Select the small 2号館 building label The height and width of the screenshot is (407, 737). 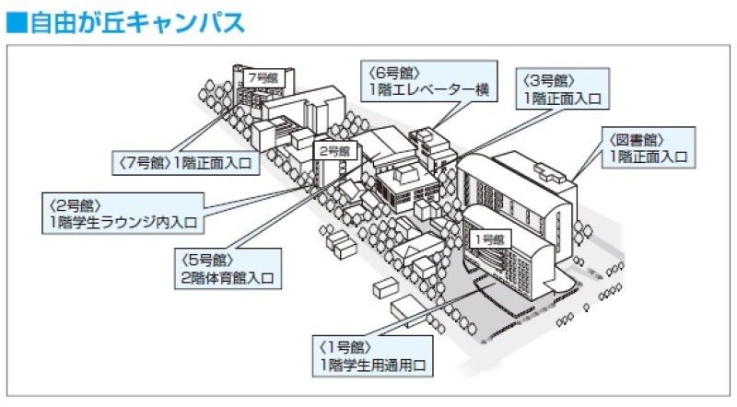(x=333, y=150)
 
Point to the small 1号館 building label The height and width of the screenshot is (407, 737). (x=488, y=238)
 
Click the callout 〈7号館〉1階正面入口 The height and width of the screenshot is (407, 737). (x=186, y=161)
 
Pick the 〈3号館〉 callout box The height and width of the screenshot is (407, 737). (x=564, y=88)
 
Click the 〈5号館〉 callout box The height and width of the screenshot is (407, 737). (x=224, y=266)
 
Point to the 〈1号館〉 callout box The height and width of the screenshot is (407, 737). (x=374, y=355)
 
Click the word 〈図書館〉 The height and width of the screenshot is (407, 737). (x=632, y=139)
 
